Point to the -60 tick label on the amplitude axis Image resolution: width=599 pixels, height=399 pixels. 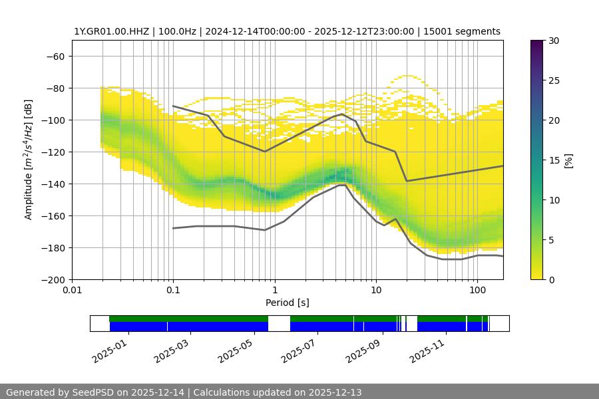[55, 56]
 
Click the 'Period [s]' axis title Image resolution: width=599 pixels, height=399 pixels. [288, 303]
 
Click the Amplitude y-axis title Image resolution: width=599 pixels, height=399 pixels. [29, 160]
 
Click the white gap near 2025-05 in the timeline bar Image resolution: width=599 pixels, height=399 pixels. [279, 323]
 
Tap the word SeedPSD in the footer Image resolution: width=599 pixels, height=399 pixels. [93, 392]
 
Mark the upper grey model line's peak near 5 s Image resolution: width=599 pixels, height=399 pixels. [342, 114]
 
